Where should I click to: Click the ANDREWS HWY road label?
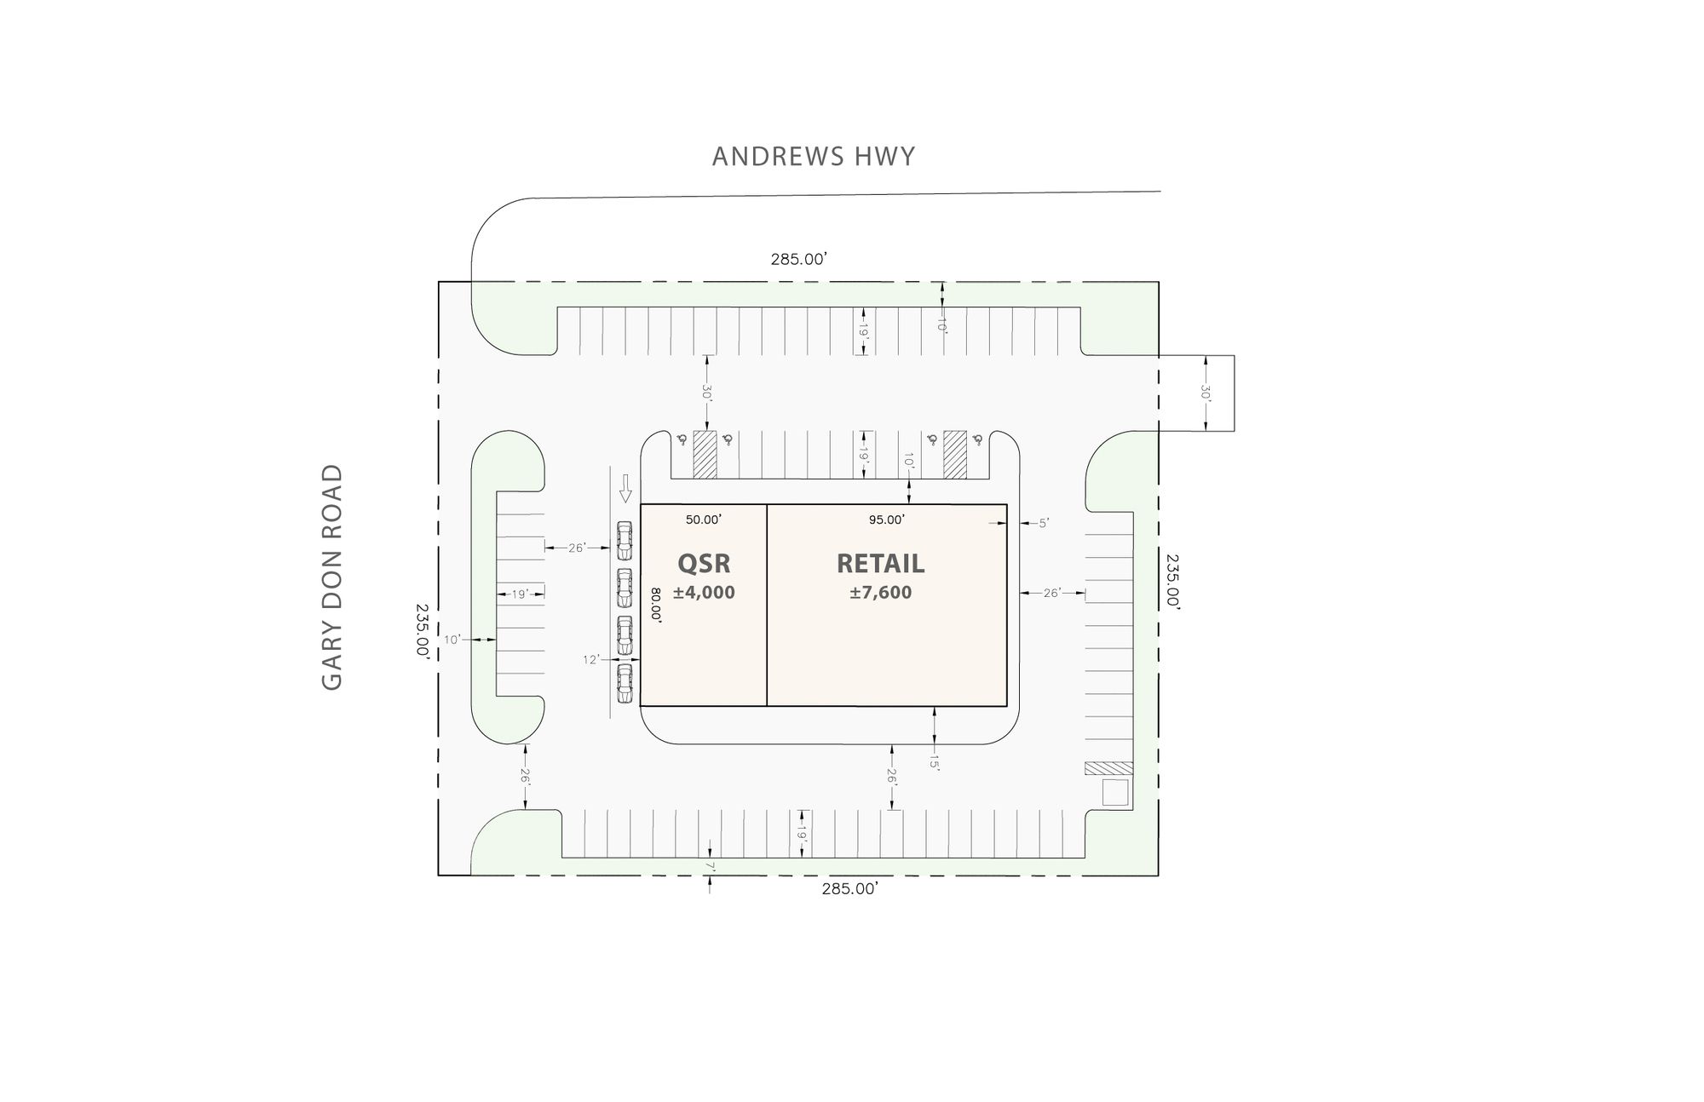click(814, 157)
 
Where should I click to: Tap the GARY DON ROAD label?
click(332, 577)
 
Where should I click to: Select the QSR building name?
click(704, 564)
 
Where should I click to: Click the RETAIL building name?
click(880, 564)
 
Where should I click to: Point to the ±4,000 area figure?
click(704, 593)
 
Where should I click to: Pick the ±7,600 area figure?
click(880, 593)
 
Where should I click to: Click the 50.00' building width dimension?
click(704, 519)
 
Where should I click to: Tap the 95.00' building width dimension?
click(887, 519)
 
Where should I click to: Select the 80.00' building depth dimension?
click(656, 605)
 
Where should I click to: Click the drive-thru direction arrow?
click(625, 488)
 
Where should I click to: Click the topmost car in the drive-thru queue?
click(625, 540)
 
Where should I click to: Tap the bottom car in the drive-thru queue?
click(625, 683)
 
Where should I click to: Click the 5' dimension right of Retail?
click(1043, 524)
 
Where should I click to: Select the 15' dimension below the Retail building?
click(935, 762)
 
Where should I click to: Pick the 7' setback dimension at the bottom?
click(710, 867)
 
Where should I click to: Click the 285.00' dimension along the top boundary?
click(799, 260)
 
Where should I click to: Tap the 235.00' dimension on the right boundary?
click(1172, 580)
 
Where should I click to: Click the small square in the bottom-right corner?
click(1114, 792)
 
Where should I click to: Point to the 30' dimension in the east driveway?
click(1206, 393)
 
